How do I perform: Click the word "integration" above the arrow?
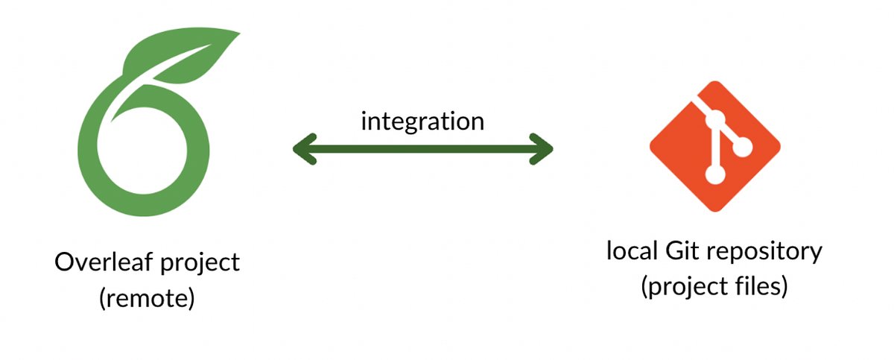point(422,121)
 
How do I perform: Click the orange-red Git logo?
point(714,145)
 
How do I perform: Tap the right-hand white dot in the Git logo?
point(744,148)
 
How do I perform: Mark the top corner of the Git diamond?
point(714,82)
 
